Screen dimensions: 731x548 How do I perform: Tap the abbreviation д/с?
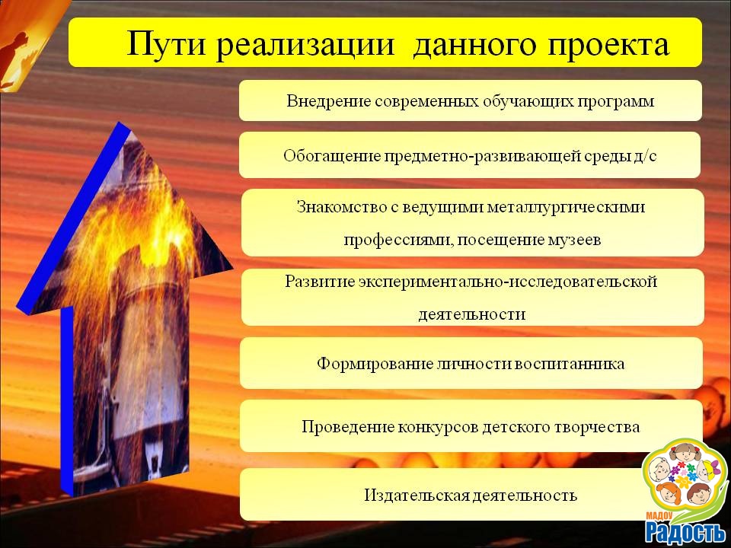(x=645, y=155)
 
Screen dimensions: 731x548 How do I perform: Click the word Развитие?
(x=320, y=282)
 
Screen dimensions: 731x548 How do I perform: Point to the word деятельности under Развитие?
(x=472, y=314)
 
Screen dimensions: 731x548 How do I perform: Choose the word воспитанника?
(x=570, y=364)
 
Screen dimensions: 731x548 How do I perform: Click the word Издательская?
(x=417, y=495)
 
